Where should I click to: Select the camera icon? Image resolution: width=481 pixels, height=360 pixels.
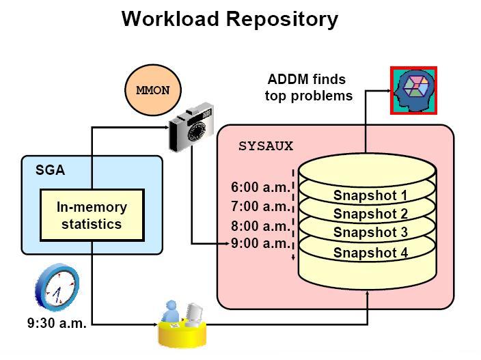[x=192, y=130]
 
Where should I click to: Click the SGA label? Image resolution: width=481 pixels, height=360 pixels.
[x=50, y=170]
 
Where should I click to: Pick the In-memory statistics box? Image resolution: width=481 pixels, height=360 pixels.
[x=92, y=215]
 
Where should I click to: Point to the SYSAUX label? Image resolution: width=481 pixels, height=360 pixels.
[x=265, y=146]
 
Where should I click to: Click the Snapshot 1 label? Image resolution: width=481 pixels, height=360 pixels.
[x=370, y=195]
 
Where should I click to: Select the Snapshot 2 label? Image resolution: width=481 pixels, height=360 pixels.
[x=370, y=214]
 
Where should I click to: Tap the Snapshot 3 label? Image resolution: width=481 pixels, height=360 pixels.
[x=370, y=232]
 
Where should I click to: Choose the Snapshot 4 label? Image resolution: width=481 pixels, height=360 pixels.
[x=370, y=253]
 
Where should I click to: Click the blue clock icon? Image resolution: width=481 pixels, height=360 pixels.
[x=58, y=287]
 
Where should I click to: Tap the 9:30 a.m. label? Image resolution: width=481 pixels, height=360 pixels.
[x=57, y=324]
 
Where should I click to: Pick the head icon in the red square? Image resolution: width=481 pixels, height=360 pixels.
[x=413, y=90]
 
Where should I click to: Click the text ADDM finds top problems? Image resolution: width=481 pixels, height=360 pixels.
[x=309, y=87]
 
